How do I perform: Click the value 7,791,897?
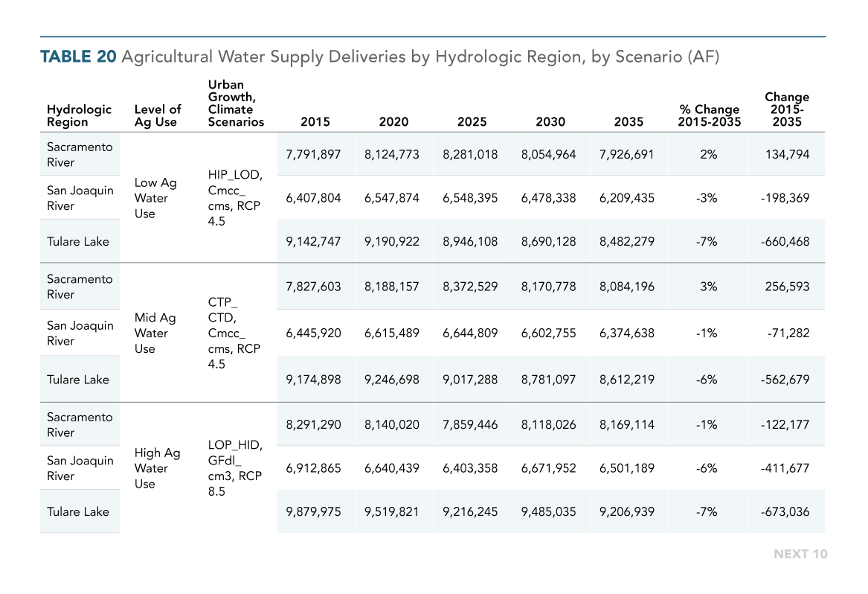tap(313, 155)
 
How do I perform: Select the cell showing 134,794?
tap(787, 155)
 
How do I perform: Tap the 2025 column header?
tap(472, 122)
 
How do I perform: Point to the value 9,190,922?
tap(392, 242)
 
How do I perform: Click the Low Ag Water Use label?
tap(155, 198)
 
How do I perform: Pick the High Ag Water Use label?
tap(157, 468)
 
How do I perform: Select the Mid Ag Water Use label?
tap(155, 333)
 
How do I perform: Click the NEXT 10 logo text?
tap(800, 554)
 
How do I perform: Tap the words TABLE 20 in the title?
tap(78, 57)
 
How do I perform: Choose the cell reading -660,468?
tap(785, 242)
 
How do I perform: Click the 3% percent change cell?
tap(709, 287)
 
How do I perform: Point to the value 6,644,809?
tap(470, 333)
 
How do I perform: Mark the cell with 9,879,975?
tap(313, 511)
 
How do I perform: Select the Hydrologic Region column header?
tap(79, 116)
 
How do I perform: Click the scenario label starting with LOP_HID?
tap(235, 468)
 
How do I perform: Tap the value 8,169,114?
tap(627, 424)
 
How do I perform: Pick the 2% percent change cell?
tap(709, 155)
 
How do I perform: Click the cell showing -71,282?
tap(788, 333)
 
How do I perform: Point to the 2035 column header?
tap(629, 122)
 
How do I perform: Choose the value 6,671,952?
tap(549, 468)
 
